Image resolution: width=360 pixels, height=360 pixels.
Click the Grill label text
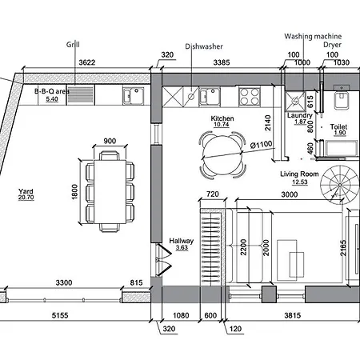coord(73,45)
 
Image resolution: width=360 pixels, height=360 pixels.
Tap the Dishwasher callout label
coord(204,46)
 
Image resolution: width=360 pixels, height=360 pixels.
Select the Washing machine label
coord(313,36)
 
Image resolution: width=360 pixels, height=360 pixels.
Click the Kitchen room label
coord(222,118)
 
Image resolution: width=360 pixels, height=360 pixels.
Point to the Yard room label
coord(26,191)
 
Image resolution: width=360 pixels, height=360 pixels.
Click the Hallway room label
coord(182,241)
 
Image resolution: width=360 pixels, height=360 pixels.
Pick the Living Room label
coord(299,174)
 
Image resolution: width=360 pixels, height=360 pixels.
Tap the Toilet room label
coord(338,126)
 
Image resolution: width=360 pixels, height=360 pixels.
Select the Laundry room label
coord(300,115)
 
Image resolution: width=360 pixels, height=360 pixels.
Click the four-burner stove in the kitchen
coord(250,96)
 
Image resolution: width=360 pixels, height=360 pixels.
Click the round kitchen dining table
coord(222,154)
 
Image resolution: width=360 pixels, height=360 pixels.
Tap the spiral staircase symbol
coord(340,185)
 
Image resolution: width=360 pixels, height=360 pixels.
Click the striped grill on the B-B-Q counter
coord(80,95)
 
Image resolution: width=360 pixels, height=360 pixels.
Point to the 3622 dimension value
coord(87,62)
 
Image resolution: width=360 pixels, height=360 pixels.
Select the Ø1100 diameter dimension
coord(261,145)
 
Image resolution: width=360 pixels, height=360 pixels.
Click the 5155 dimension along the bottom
coord(60,315)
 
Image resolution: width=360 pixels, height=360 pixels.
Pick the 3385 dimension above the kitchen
coord(222,62)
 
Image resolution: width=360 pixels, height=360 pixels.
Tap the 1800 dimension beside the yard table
coord(74,192)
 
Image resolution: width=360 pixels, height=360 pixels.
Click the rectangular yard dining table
coord(110,192)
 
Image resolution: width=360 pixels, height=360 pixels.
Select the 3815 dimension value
coord(293,315)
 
